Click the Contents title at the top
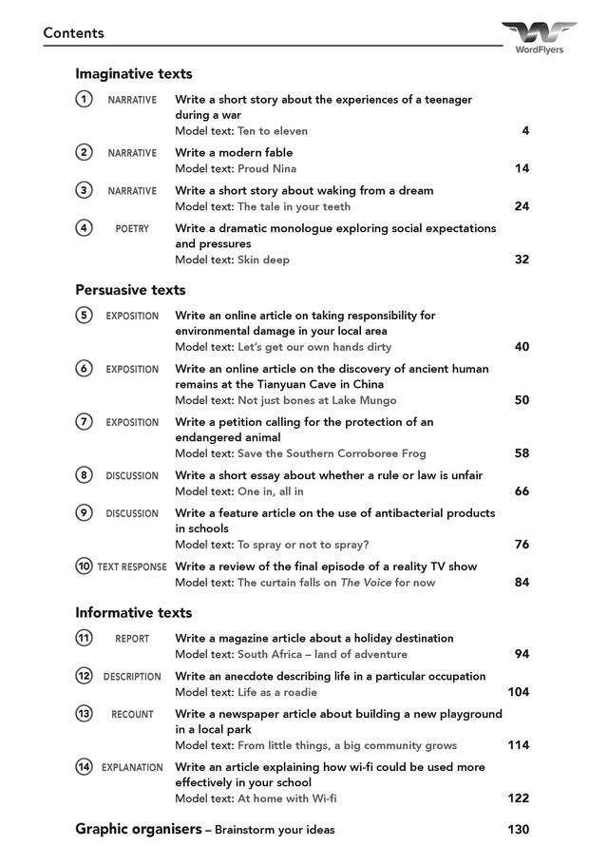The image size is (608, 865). pos(73,33)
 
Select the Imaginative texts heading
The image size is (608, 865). pos(133,74)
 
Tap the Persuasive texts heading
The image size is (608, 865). pos(130,290)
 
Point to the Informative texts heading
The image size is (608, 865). pos(133,613)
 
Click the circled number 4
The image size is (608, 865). pos(85,228)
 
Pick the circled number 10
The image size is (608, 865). pos(85,567)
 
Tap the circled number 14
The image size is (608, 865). pos(85,767)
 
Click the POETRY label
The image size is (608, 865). pos(132,229)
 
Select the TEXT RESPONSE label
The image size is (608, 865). pos(132,567)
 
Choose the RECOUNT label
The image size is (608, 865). pos(132,715)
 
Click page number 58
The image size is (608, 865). pos(522,453)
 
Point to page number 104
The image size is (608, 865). pos(518,692)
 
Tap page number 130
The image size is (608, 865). pos(518,830)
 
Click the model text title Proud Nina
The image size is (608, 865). pos(267,168)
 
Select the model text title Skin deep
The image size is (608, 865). pos(263,259)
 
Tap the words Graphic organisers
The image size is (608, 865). pos(138,830)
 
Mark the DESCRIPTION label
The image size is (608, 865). pos(132,677)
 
